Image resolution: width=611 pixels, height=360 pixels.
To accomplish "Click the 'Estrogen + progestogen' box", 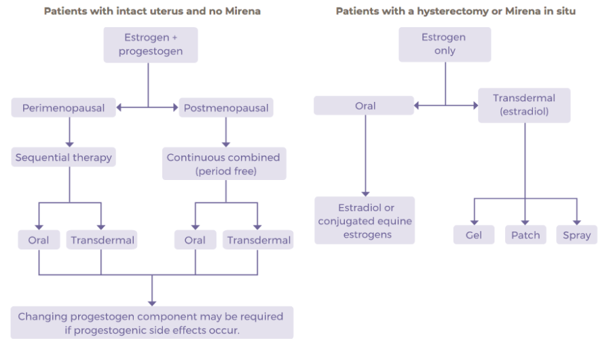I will click(x=150, y=45).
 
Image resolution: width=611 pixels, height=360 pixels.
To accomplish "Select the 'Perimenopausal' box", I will click(x=63, y=108).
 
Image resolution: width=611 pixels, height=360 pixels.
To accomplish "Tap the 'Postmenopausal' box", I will click(x=225, y=108).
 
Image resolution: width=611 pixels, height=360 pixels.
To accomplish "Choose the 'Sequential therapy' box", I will click(x=63, y=158).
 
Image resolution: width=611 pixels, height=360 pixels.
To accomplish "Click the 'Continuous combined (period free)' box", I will click(x=224, y=164).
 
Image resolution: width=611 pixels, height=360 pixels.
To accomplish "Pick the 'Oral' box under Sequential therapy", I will click(x=39, y=240).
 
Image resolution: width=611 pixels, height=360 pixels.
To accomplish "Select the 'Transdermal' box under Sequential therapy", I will click(x=103, y=240).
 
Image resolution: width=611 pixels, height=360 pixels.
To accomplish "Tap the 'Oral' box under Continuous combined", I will click(x=195, y=240).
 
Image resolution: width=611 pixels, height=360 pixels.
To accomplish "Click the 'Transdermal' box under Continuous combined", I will click(x=259, y=240).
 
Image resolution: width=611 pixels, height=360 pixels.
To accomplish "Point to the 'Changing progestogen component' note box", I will click(x=151, y=323).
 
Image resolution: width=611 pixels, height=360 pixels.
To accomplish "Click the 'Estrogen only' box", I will click(x=445, y=45).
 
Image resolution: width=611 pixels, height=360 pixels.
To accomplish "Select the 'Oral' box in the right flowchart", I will click(x=365, y=106).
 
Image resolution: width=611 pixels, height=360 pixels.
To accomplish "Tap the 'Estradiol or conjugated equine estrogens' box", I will click(x=365, y=221).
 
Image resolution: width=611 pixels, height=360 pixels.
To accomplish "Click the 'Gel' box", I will click(x=474, y=235).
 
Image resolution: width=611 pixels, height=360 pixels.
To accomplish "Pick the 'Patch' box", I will click(x=525, y=235).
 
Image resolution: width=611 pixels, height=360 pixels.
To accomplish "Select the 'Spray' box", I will click(x=576, y=235).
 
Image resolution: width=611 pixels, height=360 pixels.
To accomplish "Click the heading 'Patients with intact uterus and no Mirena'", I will click(x=152, y=12).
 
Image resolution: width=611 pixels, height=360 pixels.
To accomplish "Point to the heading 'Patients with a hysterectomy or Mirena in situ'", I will click(x=456, y=12).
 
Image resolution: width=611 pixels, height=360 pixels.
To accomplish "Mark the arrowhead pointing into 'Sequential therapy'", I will click(x=69, y=144).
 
